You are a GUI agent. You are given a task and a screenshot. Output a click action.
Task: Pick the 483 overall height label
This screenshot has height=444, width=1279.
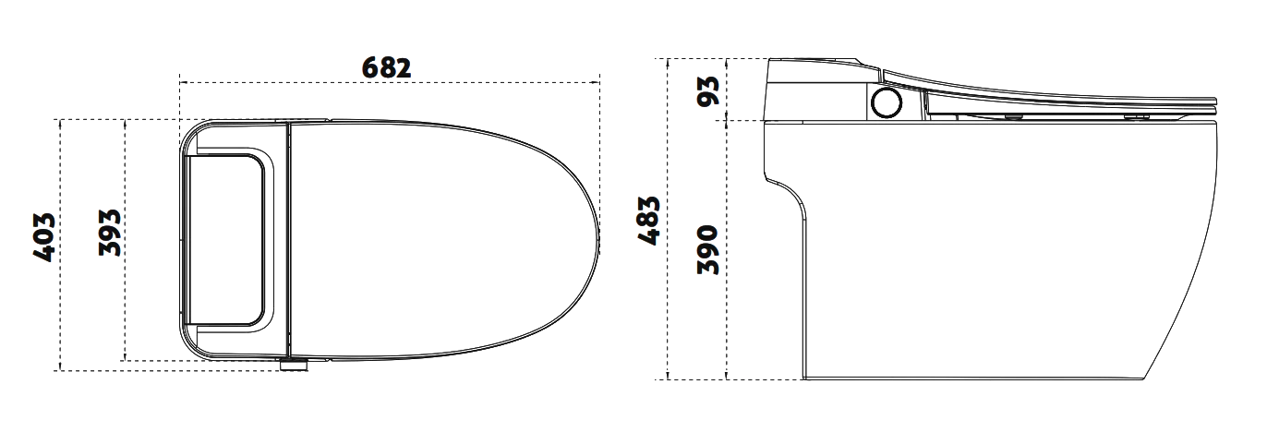(649, 222)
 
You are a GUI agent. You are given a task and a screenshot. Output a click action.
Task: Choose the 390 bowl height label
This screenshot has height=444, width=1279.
(708, 247)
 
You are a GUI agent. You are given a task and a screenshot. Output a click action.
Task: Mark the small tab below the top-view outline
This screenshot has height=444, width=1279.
(294, 366)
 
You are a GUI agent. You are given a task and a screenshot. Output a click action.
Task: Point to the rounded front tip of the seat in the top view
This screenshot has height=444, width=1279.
(598, 237)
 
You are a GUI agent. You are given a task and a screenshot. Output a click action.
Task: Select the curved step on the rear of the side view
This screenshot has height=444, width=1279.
(787, 186)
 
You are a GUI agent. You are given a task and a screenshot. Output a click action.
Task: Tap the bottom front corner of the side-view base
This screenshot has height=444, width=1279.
(1145, 378)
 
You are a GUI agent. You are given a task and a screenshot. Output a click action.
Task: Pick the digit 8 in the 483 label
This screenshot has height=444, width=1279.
(649, 222)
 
